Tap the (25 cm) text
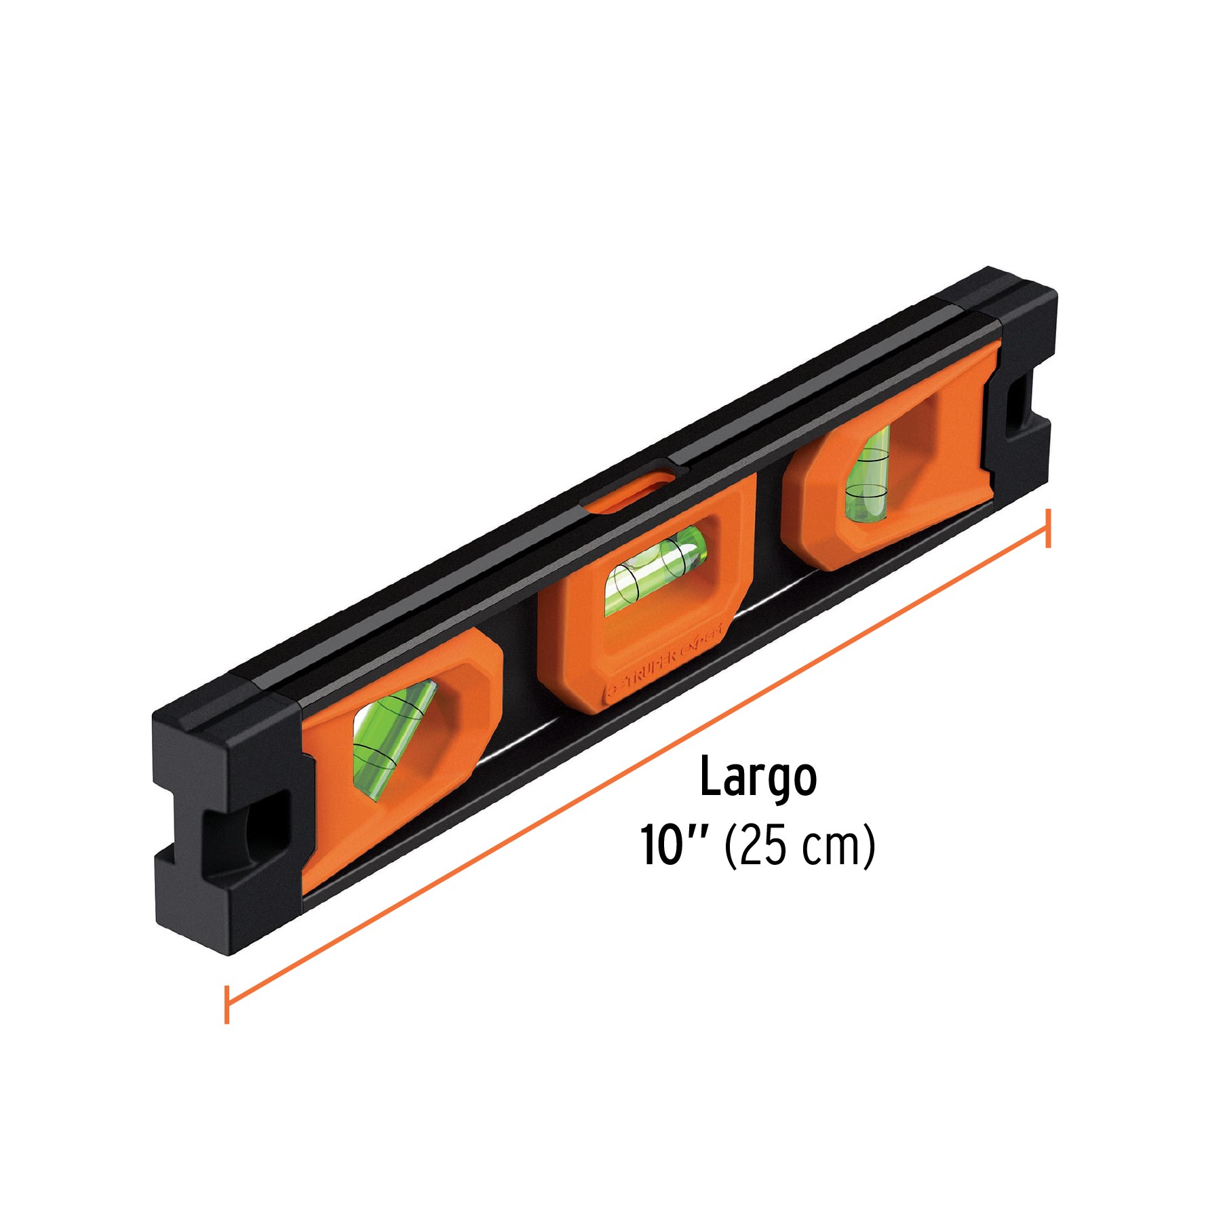(800, 847)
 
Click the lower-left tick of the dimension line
(227, 1004)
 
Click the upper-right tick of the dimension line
(1048, 528)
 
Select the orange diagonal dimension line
(638, 766)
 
